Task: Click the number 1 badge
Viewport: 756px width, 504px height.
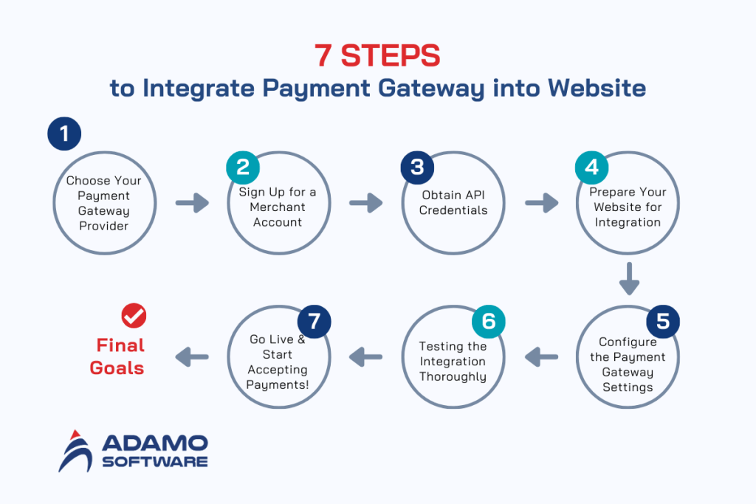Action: pyautogui.click(x=64, y=134)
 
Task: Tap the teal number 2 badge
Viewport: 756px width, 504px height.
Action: pyautogui.click(x=243, y=167)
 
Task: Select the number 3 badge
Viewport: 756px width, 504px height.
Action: pyautogui.click(x=417, y=167)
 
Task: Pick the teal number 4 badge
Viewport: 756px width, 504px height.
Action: pyautogui.click(x=592, y=167)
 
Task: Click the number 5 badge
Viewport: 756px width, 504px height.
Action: pyautogui.click(x=663, y=322)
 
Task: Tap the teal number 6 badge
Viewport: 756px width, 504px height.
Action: pyautogui.click(x=489, y=322)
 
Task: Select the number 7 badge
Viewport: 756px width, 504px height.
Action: pyautogui.click(x=314, y=322)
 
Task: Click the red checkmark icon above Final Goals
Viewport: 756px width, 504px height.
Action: pyautogui.click(x=134, y=315)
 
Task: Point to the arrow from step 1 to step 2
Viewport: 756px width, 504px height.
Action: pyautogui.click(x=192, y=202)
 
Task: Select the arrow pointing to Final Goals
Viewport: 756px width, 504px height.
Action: pyautogui.click(x=192, y=357)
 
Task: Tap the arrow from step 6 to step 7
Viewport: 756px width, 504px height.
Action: pyautogui.click(x=366, y=357)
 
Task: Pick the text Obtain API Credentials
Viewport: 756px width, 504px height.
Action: pyautogui.click(x=453, y=202)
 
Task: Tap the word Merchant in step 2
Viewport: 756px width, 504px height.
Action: pyautogui.click(x=277, y=207)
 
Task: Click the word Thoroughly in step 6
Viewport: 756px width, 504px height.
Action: pyautogui.click(x=453, y=377)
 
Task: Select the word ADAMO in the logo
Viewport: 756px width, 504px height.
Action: pyautogui.click(x=154, y=443)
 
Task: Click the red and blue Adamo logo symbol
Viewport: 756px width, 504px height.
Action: pyautogui.click(x=75, y=450)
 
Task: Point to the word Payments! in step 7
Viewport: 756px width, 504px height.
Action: pyautogui.click(x=278, y=385)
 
